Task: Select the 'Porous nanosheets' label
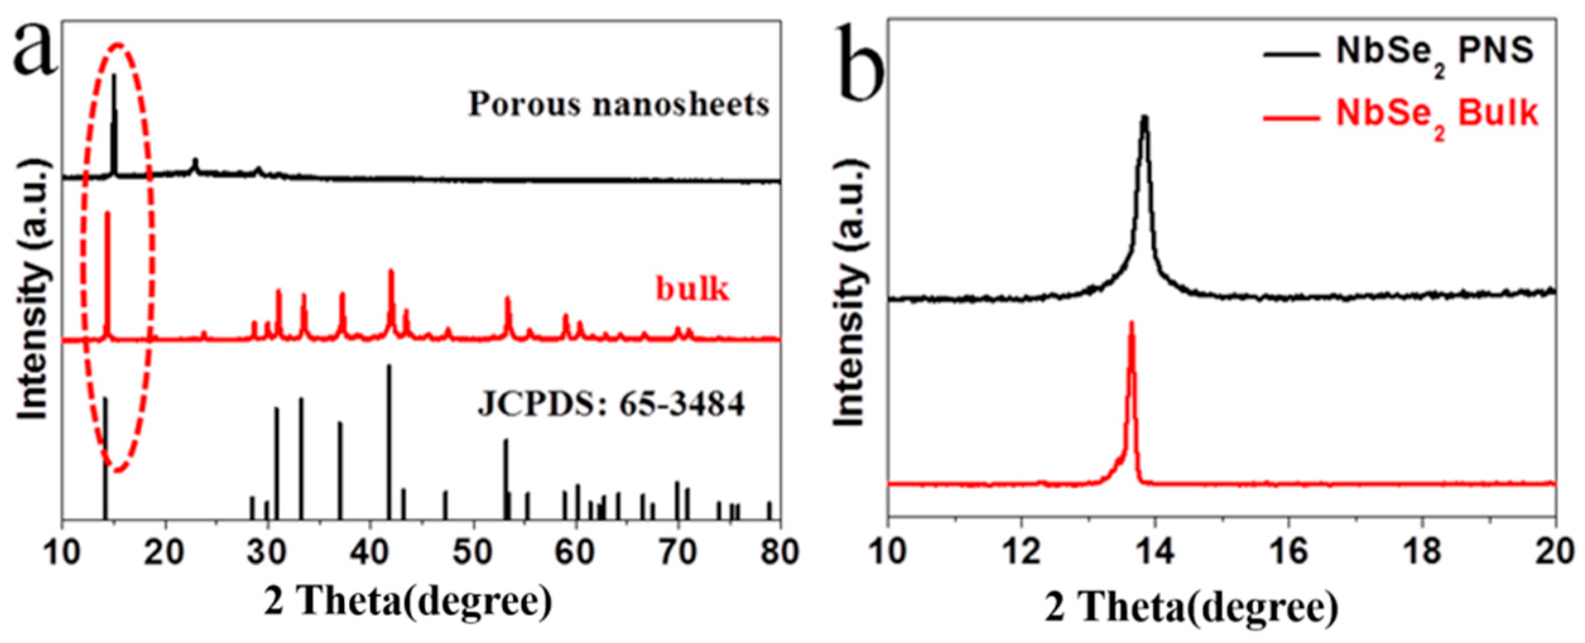[619, 105]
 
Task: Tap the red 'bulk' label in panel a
[692, 289]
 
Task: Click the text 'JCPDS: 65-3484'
[611, 404]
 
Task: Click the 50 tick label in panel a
[473, 553]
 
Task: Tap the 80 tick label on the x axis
[780, 553]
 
